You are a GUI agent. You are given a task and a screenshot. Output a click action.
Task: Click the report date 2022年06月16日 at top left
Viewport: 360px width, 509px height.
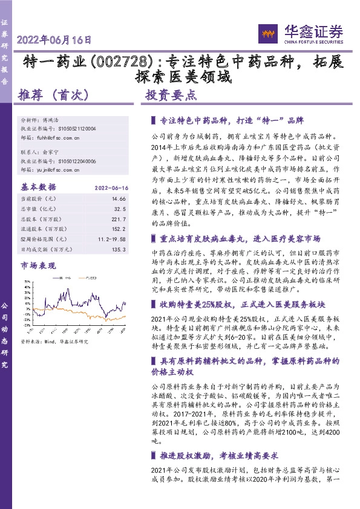tap(55, 41)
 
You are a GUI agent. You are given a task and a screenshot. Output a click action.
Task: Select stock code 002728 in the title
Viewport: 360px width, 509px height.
tap(128, 62)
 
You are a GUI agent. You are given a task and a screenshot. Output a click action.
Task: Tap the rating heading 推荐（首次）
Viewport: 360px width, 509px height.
tap(54, 95)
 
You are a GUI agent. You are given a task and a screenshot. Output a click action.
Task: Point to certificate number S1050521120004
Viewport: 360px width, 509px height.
tap(72, 129)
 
